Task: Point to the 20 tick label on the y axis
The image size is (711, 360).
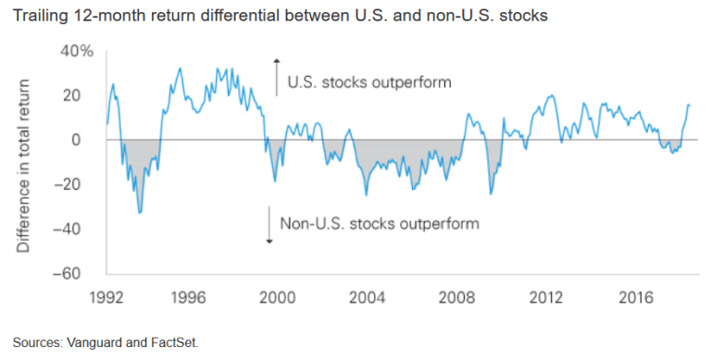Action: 83,95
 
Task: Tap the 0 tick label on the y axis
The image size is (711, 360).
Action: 89,140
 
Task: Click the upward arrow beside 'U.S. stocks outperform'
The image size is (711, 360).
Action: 276,76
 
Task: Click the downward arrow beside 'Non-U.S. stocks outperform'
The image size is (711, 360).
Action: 268,225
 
